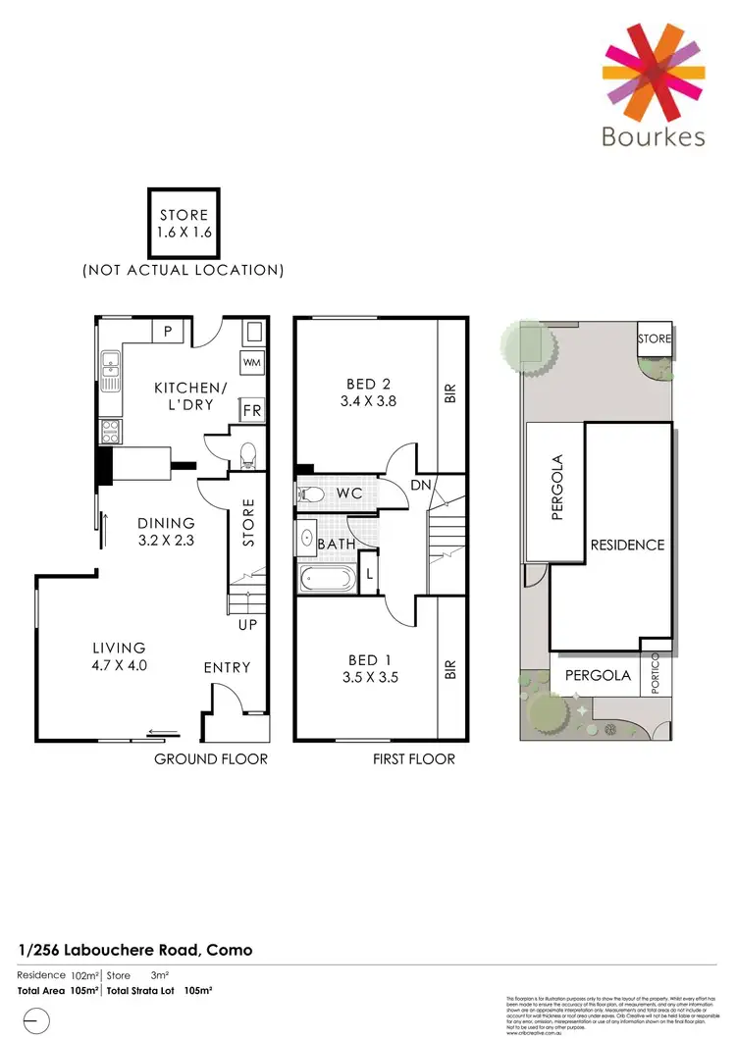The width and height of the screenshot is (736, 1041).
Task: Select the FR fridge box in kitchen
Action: [x=252, y=410]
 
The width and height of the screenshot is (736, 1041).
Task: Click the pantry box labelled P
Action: [x=169, y=332]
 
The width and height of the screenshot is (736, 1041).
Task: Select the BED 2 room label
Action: [x=368, y=384]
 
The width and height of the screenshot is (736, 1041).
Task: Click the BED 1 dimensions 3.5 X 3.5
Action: [x=369, y=677]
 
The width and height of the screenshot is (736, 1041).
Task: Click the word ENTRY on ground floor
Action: [x=227, y=667]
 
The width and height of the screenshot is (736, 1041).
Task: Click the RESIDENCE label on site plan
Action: [x=626, y=545]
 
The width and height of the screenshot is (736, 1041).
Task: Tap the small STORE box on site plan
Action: [x=655, y=339]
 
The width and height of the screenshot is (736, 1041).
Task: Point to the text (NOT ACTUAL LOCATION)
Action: [x=184, y=269]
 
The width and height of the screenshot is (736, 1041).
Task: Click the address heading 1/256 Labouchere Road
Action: [x=135, y=950]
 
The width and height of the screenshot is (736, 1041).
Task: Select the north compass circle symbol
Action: [x=35, y=1021]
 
